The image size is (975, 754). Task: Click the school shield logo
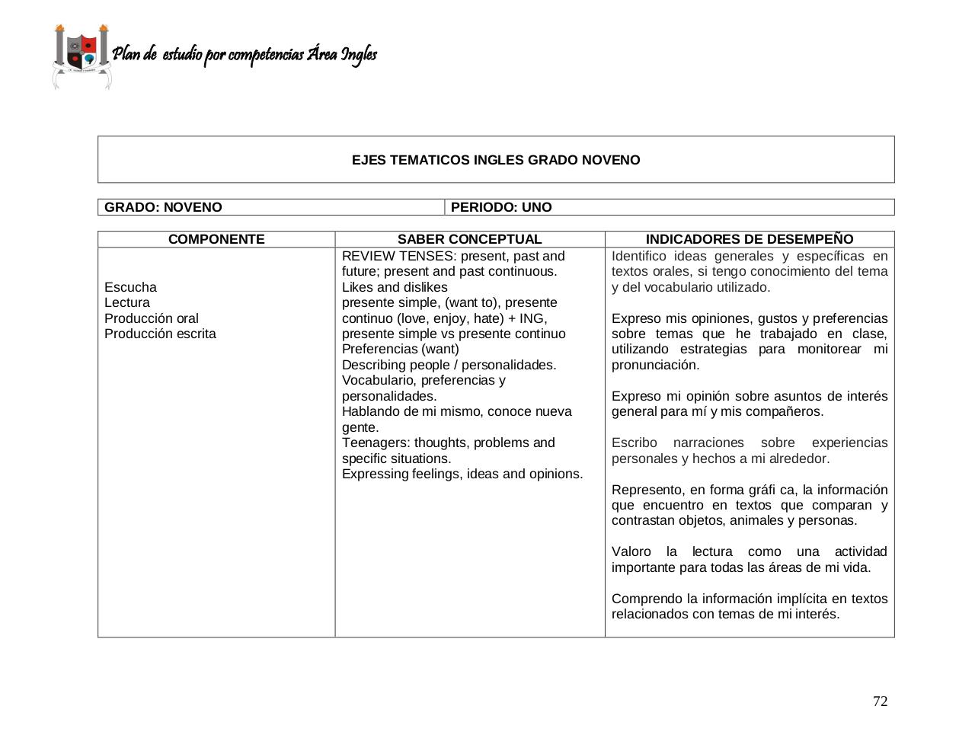click(x=82, y=56)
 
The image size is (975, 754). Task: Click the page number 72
click(x=880, y=701)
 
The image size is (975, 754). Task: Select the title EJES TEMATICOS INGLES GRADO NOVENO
click(x=495, y=160)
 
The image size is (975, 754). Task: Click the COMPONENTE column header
click(x=216, y=239)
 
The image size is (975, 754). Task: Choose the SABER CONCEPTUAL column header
click(x=469, y=239)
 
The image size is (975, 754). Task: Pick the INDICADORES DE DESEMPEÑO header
click(x=749, y=239)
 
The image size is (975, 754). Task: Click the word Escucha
click(x=130, y=287)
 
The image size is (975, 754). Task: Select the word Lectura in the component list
click(x=127, y=302)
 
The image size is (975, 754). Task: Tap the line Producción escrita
click(x=160, y=334)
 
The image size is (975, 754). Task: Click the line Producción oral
click(x=152, y=318)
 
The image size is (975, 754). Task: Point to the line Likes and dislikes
click(x=395, y=287)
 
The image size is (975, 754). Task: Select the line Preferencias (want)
click(x=400, y=349)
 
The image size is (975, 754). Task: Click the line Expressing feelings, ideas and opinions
click(x=462, y=474)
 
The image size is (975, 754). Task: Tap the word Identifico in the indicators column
click(x=638, y=256)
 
